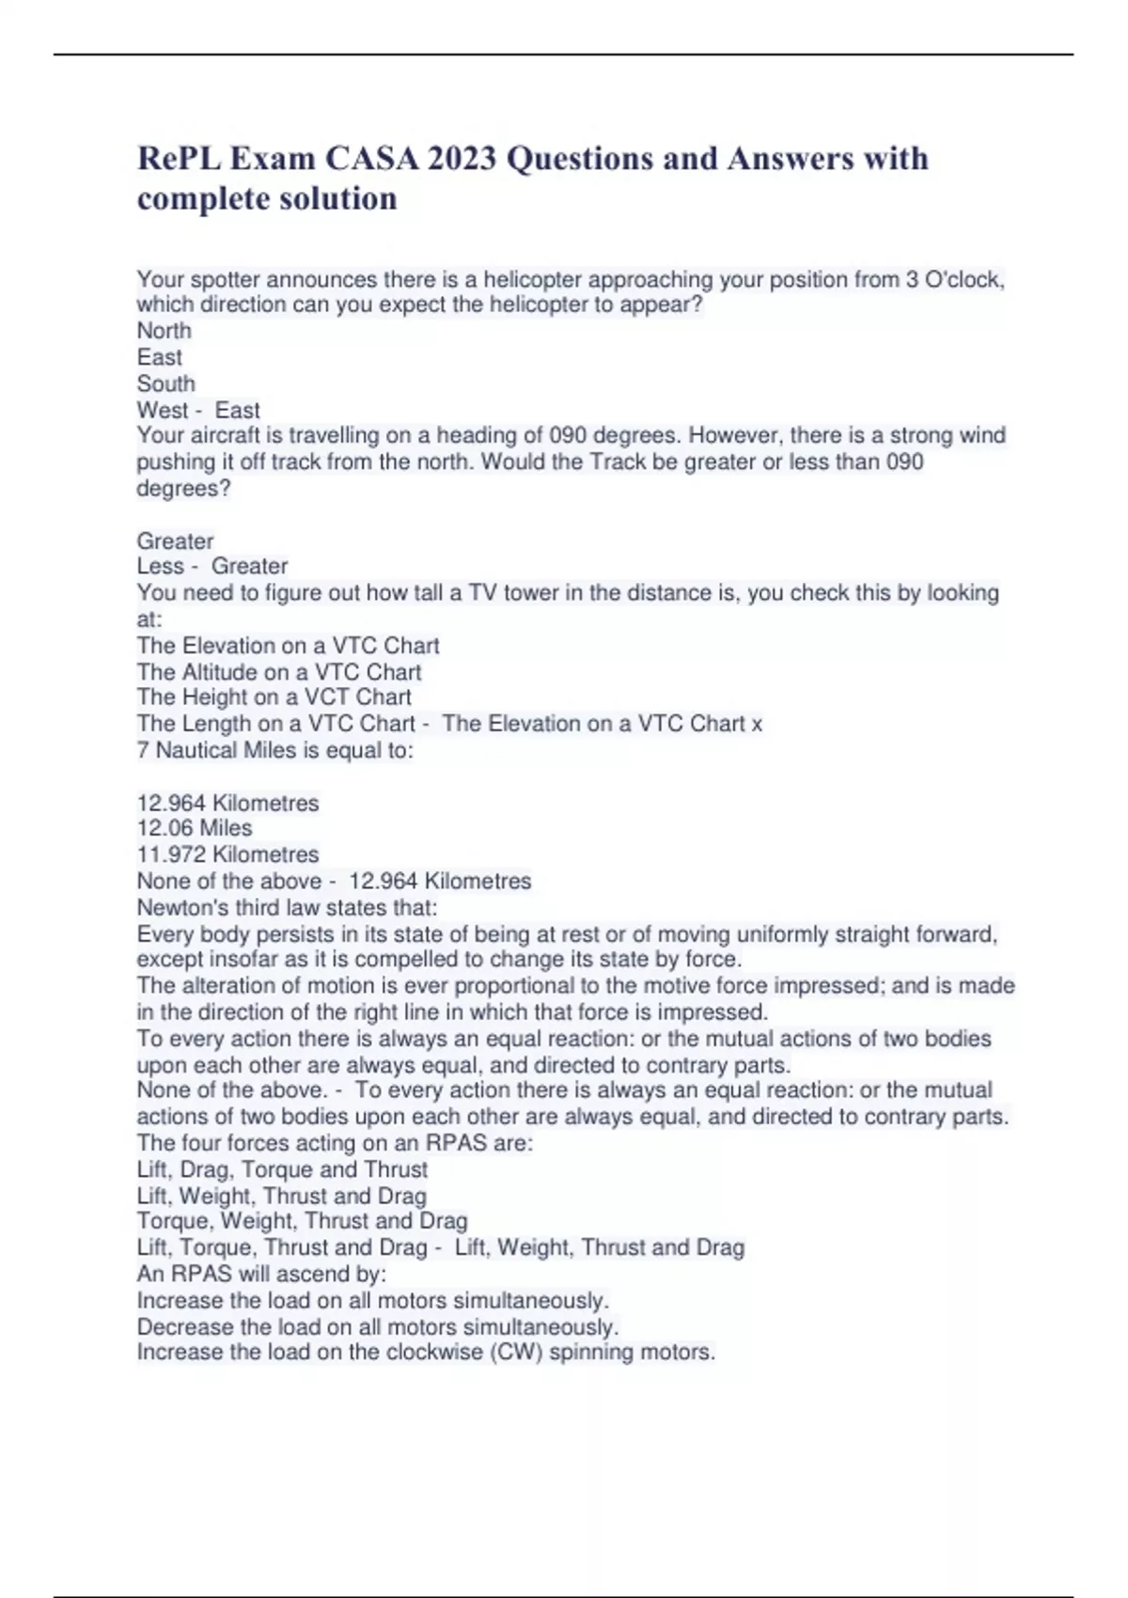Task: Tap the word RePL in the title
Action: (x=179, y=158)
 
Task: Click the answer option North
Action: (x=164, y=331)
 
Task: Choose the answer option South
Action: (x=165, y=384)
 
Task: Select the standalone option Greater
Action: (x=175, y=540)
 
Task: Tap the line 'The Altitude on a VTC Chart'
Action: (x=278, y=672)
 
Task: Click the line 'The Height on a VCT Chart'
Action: (x=274, y=697)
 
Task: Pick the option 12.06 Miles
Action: (x=195, y=828)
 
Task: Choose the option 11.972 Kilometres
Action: (x=227, y=854)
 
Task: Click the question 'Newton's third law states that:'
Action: (x=287, y=907)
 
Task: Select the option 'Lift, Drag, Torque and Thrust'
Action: (x=282, y=1169)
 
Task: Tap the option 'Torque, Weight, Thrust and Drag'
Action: (x=302, y=1221)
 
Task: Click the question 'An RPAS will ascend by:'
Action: (x=261, y=1274)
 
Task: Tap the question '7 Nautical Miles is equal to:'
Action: (x=274, y=750)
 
